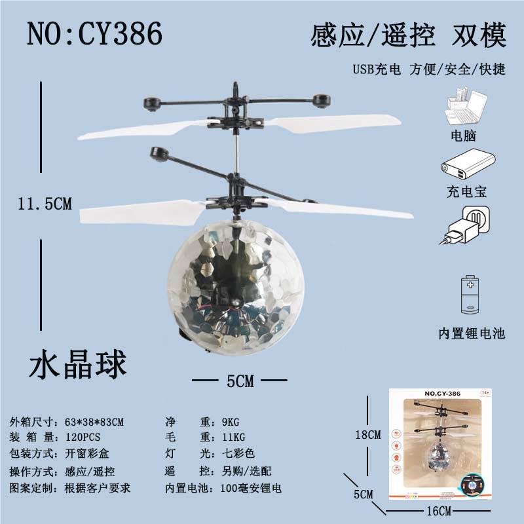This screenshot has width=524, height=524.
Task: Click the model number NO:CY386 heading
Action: (94, 33)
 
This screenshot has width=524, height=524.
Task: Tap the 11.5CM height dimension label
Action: (45, 204)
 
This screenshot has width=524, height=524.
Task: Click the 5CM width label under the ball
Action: (240, 381)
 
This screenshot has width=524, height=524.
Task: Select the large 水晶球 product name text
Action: (78, 365)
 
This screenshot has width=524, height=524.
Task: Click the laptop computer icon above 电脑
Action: (466, 106)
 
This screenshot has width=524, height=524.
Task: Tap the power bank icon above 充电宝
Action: (468, 166)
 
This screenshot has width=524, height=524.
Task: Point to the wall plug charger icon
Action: (465, 225)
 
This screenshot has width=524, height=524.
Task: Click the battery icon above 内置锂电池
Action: (470, 294)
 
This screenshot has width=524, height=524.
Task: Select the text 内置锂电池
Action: (472, 333)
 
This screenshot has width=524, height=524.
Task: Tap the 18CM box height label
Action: (368, 435)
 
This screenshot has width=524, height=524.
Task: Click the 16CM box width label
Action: (439, 511)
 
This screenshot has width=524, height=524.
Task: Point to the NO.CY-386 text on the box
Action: (443, 394)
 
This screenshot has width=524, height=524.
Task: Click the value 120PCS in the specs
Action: (83, 438)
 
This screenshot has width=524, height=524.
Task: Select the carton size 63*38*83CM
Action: (94, 422)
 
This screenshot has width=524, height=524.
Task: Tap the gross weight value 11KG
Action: (234, 437)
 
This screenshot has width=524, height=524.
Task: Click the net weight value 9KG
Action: (231, 422)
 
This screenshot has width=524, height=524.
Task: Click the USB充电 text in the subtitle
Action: (377, 69)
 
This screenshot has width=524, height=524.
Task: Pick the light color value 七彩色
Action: (238, 453)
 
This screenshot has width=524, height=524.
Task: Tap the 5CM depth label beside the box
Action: (364, 495)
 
